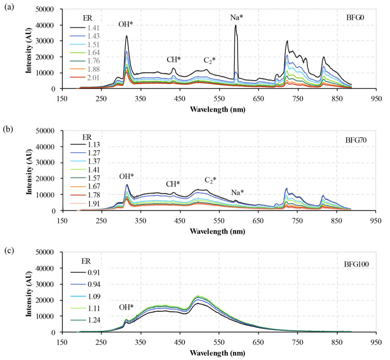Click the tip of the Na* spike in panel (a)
tap(236, 25)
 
